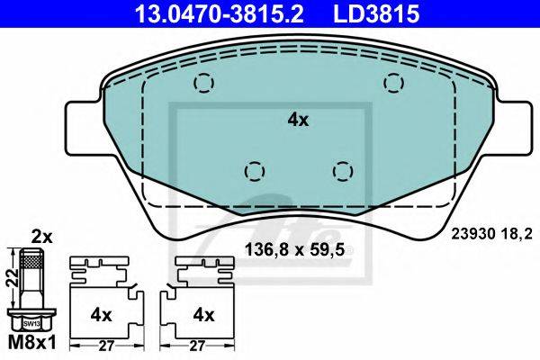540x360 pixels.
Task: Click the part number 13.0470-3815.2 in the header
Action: point(220,13)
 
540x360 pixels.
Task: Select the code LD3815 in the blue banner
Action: point(376,13)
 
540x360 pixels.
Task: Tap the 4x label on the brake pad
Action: point(298,120)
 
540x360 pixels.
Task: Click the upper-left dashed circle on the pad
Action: point(204,83)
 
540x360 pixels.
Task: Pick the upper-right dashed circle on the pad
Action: point(393,83)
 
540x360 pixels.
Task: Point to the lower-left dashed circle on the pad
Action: point(255,171)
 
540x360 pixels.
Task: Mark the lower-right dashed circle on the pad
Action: point(343,171)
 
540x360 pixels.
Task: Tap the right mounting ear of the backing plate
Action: point(513,128)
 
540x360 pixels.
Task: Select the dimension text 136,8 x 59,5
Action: point(295,249)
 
